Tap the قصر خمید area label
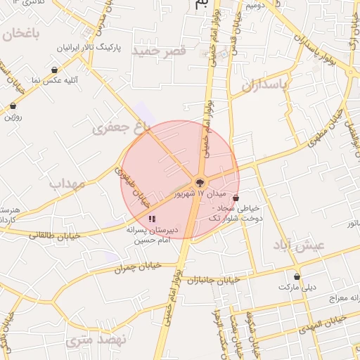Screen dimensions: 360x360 [162, 51]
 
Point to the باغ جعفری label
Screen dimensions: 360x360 [121, 127]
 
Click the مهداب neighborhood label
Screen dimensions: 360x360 [67, 184]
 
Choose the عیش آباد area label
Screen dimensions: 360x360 [300, 244]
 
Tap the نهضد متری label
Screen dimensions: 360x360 [90, 342]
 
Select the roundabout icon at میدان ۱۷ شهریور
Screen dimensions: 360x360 [200, 181]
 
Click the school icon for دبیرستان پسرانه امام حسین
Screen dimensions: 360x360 [153, 219]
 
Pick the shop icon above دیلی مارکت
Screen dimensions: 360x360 [297, 276]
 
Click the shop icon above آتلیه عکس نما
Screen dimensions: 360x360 [55, 70]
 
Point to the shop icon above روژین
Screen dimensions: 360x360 [13, 105]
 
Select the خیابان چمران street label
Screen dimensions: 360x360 [137, 266]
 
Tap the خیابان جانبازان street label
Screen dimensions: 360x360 [214, 280]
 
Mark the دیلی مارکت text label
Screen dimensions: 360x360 [297, 287]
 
